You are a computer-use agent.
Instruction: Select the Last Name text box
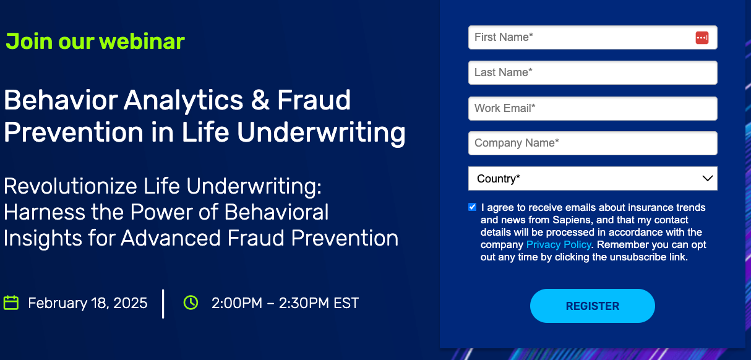[x=593, y=72]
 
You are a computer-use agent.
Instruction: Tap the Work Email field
[x=593, y=108]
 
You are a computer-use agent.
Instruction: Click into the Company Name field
[x=593, y=143]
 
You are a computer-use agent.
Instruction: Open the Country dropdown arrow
[x=708, y=178]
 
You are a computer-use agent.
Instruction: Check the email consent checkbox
[x=472, y=207]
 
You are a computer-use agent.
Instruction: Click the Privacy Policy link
[x=559, y=245]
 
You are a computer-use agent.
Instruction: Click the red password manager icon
[x=702, y=38]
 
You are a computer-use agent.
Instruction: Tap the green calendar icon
[x=11, y=302]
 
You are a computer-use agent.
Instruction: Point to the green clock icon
[x=191, y=302]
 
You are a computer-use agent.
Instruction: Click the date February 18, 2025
[x=87, y=303]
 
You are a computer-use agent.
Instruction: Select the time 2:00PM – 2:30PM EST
[x=285, y=303]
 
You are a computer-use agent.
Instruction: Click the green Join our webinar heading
[x=95, y=41]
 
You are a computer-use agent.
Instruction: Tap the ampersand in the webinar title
[x=260, y=100]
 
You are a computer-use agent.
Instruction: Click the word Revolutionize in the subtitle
[x=71, y=186]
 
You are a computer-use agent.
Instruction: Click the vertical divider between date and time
[x=163, y=304]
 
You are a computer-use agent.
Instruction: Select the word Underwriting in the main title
[x=321, y=133]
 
